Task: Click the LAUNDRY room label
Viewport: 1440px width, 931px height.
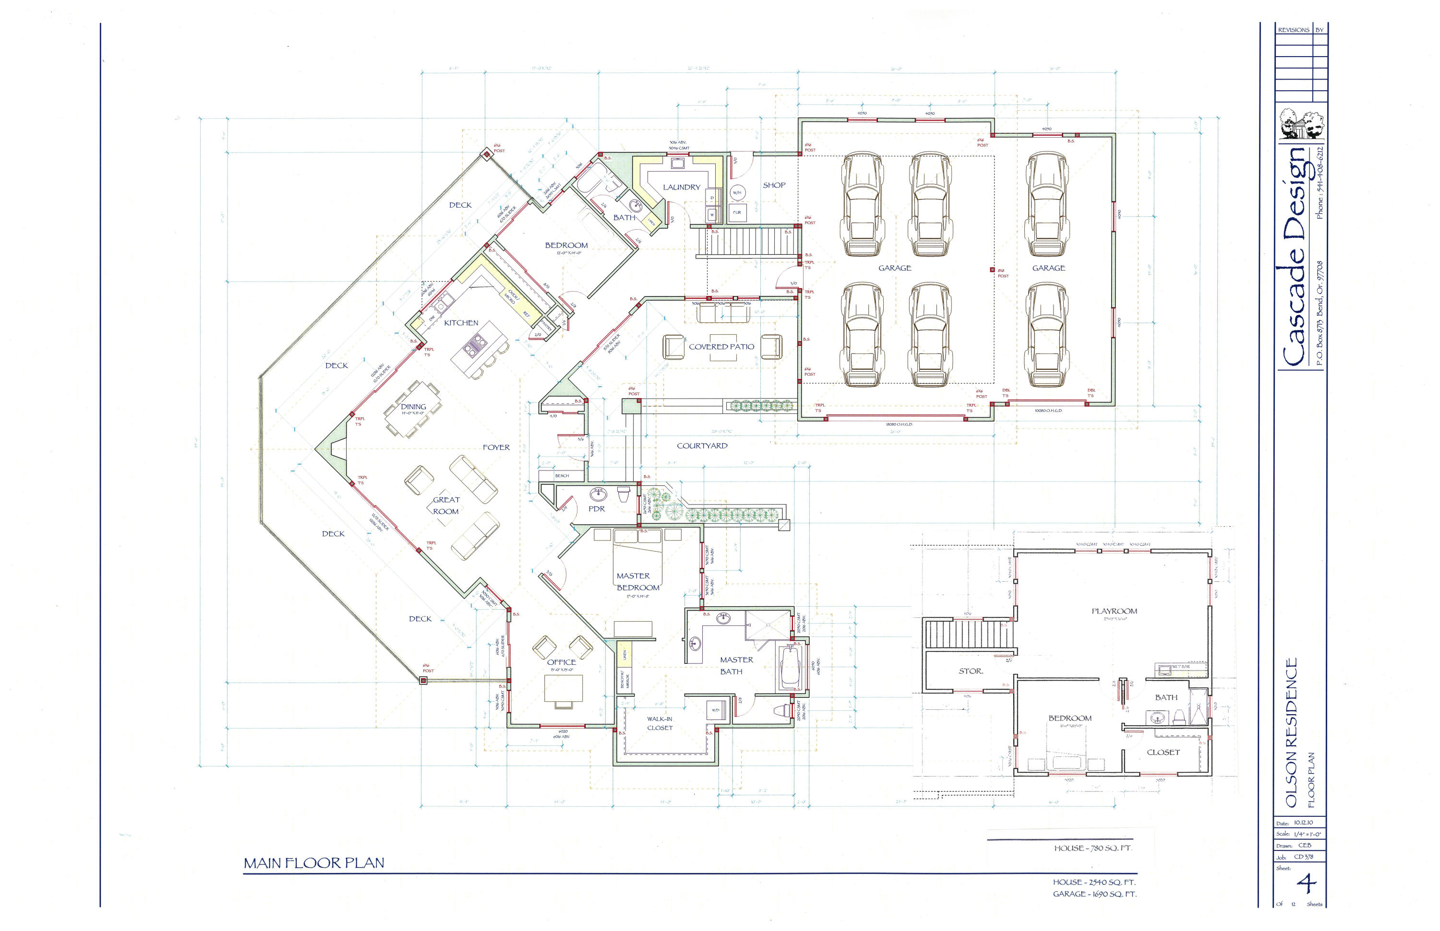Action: (681, 188)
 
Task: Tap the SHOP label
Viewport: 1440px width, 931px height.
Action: (774, 185)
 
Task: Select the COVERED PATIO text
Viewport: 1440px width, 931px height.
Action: (721, 347)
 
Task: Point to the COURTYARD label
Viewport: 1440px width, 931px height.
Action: (702, 446)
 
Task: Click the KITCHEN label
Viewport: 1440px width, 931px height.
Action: (461, 323)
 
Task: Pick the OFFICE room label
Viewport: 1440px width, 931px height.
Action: (562, 662)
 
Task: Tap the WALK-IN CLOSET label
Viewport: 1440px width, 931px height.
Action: (660, 724)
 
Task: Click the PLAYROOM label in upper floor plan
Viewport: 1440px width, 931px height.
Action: (1114, 611)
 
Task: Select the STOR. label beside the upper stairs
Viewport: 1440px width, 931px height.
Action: (971, 671)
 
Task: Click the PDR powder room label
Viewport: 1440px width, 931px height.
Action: (597, 509)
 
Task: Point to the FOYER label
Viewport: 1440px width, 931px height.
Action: (496, 448)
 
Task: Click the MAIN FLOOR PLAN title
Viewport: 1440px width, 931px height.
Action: (314, 863)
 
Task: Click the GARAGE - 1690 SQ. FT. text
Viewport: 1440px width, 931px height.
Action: (1094, 894)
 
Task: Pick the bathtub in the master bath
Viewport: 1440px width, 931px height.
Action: (791, 668)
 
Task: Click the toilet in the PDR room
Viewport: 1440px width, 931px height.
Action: (624, 495)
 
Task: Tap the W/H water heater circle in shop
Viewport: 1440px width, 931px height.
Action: (737, 193)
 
